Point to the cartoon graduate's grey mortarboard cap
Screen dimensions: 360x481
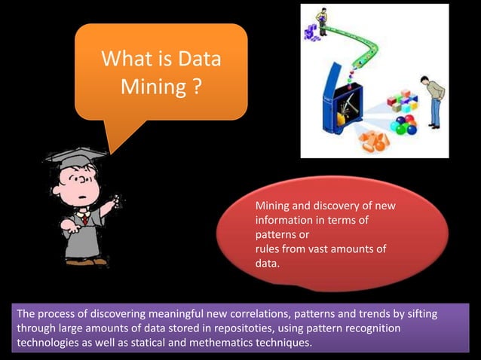[x=75, y=157]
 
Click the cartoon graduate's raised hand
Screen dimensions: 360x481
[x=112, y=203]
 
